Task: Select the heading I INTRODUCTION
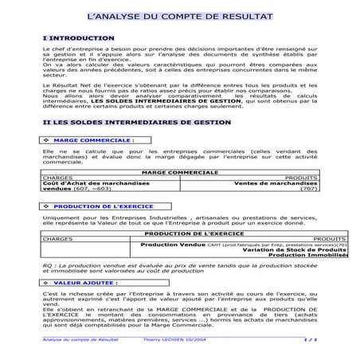click(x=80, y=37)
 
